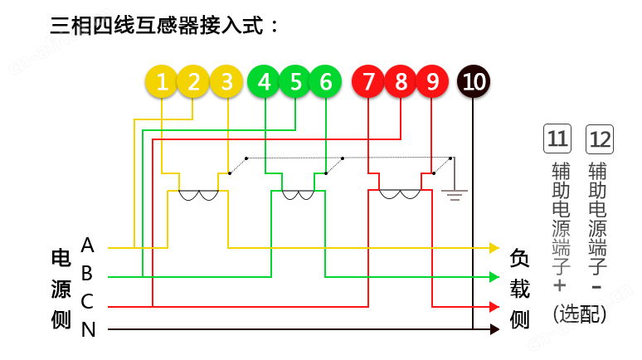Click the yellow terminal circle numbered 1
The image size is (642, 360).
tap(162, 81)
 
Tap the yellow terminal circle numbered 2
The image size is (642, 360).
tap(193, 81)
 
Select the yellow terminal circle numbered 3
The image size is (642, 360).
tap(226, 81)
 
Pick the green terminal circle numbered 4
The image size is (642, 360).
tap(265, 81)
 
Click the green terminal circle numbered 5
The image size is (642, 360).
tap(295, 81)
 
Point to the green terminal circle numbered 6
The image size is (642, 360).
tap(325, 81)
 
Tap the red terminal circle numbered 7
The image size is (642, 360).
tap(369, 81)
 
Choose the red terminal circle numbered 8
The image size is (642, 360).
tap(401, 81)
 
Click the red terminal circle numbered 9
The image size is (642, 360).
tap(432, 81)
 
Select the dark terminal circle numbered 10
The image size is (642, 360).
tap(473, 81)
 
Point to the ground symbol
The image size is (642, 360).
tap(453, 197)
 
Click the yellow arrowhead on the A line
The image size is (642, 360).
tap(494, 247)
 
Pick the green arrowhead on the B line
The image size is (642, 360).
tap(494, 277)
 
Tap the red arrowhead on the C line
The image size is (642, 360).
tap(494, 306)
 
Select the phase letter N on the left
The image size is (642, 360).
tap(88, 330)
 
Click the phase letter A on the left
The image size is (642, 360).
tap(88, 246)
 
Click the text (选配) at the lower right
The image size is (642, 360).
tap(579, 314)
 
